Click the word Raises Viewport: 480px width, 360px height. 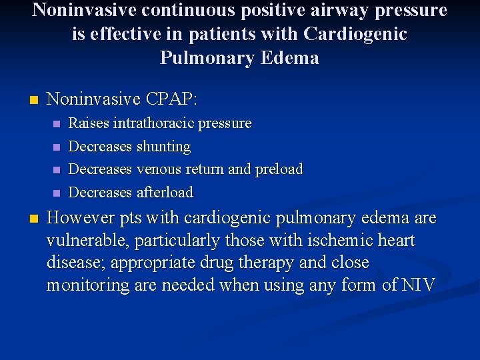coord(89,123)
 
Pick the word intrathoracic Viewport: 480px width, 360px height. coord(148,123)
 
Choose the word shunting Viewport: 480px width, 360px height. coord(163,147)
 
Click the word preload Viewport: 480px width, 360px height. coord(279,169)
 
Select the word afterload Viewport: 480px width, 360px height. coord(165,193)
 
